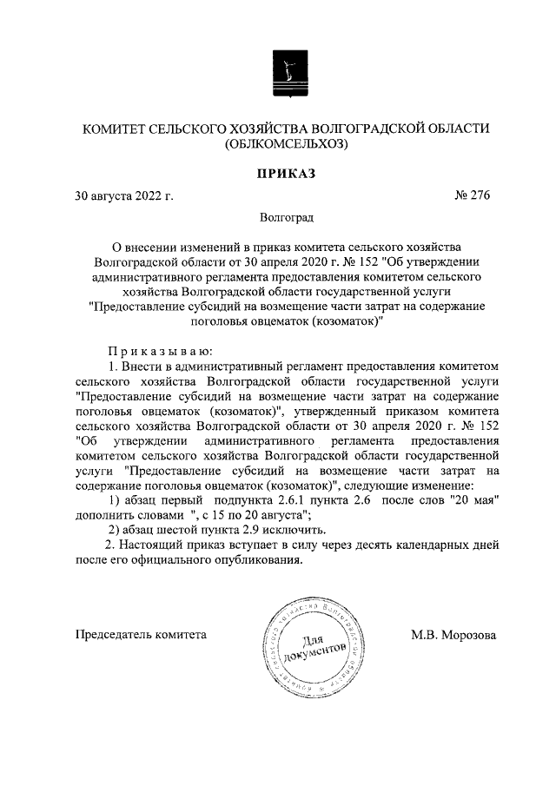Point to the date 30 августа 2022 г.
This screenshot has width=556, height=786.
pos(124,195)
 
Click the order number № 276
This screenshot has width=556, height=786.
pos(473,195)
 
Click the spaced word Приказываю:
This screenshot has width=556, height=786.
pos(156,351)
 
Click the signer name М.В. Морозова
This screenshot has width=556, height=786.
pos(453,635)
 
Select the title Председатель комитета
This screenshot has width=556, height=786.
pos(142,635)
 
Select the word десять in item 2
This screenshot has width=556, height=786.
pos(374,545)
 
